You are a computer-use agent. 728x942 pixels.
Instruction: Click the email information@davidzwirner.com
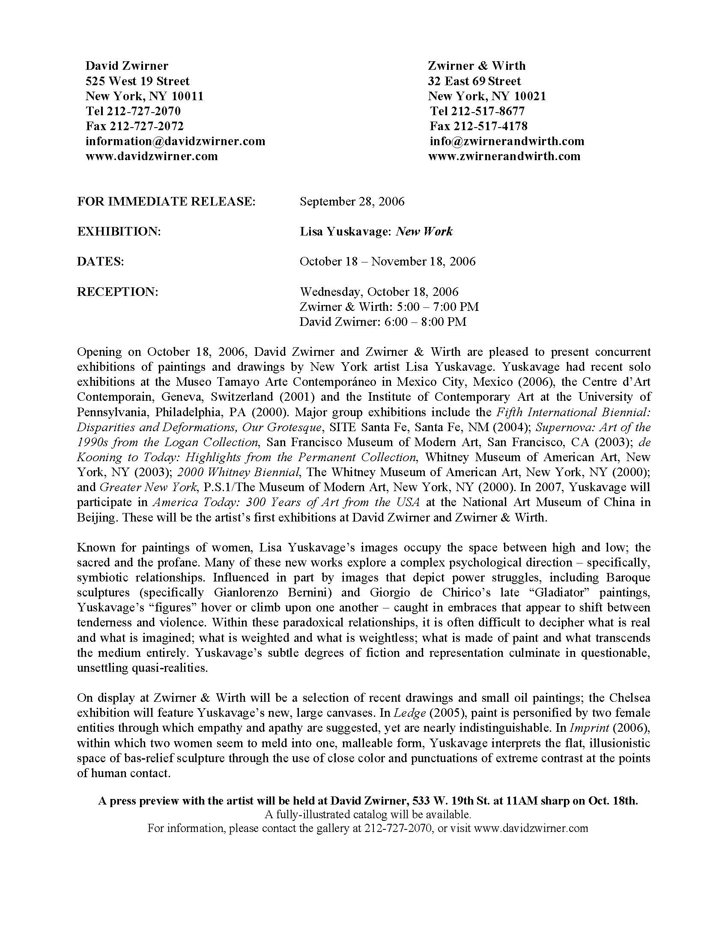pyautogui.click(x=175, y=141)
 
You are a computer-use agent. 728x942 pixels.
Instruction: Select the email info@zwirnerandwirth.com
pyautogui.click(x=507, y=141)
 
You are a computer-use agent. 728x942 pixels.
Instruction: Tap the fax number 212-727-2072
pyautogui.click(x=146, y=126)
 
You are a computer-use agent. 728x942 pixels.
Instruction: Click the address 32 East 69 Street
pyautogui.click(x=474, y=80)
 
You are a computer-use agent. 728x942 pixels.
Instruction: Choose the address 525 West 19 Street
pyautogui.click(x=137, y=80)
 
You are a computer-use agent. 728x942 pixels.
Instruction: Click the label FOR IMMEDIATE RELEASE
pyautogui.click(x=166, y=201)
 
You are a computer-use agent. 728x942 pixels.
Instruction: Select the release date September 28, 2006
pyautogui.click(x=352, y=201)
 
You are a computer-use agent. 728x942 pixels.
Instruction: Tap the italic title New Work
pyautogui.click(x=424, y=232)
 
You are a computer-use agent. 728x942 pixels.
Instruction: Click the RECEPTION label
pyautogui.click(x=118, y=292)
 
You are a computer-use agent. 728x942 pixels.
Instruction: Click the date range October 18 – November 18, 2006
pyautogui.click(x=387, y=261)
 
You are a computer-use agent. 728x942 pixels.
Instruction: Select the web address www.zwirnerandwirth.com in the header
pyautogui.click(x=504, y=156)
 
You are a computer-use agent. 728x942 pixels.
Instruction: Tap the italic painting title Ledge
pyautogui.click(x=413, y=713)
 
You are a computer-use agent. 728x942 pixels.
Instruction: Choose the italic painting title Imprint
pyautogui.click(x=589, y=728)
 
